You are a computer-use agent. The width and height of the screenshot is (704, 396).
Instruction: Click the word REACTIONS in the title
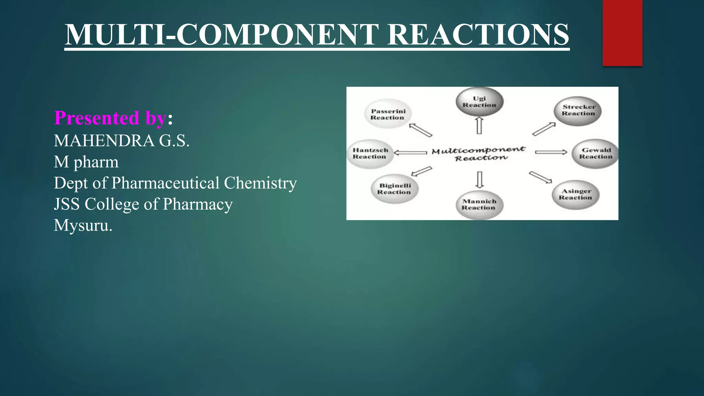coord(478,35)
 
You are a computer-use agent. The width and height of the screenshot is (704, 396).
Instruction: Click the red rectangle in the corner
coord(622,33)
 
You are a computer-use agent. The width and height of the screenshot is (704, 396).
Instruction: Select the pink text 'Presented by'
coord(110,118)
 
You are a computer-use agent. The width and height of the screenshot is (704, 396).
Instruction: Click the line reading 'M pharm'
coord(86,162)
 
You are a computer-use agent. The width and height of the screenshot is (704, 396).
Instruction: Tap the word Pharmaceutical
coord(165,183)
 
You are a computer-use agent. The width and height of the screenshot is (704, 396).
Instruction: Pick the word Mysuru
coord(83,225)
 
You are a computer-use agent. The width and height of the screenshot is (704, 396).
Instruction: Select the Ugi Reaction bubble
coord(480,102)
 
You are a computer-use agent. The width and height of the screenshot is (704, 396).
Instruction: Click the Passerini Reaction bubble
coord(388,114)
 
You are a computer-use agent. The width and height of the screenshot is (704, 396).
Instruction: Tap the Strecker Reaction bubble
coord(579,110)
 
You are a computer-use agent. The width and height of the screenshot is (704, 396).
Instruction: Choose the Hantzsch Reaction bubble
coord(370,153)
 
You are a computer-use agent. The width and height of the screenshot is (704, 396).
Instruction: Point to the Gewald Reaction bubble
coord(596,153)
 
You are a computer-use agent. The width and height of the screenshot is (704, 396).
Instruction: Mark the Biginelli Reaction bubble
coord(395,189)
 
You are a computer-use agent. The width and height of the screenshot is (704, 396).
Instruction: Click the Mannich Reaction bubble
coord(480,205)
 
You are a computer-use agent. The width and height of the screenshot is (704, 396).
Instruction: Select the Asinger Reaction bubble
coord(576,194)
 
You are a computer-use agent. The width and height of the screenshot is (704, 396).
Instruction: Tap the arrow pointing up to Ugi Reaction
coord(479,125)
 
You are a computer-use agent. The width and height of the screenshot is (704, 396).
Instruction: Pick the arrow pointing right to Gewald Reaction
coord(551,152)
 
